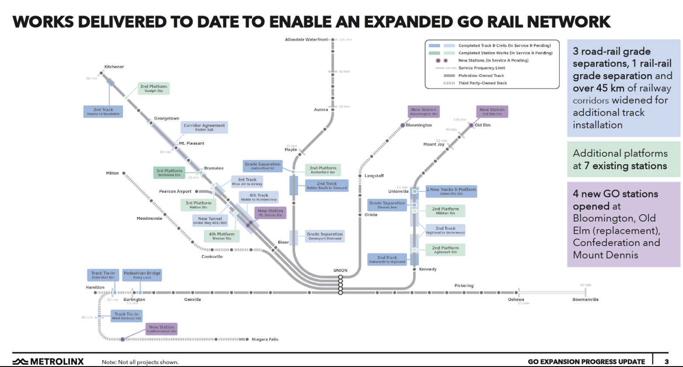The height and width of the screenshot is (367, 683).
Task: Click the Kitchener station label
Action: pyautogui.click(x=114, y=67)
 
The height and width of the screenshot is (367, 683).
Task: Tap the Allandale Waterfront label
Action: pyautogui.click(x=306, y=40)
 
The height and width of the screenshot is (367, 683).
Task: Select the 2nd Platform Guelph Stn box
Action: pyautogui.click(x=153, y=89)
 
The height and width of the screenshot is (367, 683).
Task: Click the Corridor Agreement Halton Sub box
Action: pyautogui.click(x=204, y=128)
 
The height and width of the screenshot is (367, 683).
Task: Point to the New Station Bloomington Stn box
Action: pyautogui.click(x=423, y=111)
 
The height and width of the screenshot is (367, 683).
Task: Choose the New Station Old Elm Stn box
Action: pyautogui.click(x=492, y=111)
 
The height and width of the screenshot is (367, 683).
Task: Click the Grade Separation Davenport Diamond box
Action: pyautogui.click(x=324, y=236)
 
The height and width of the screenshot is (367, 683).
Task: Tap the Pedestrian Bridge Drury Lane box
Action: pyautogui.click(x=142, y=275)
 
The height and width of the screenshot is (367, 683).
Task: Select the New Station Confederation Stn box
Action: pyautogui.click(x=161, y=329)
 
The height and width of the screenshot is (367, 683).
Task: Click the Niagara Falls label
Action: pyautogui.click(x=265, y=339)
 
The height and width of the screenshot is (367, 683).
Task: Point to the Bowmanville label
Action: pyautogui.click(x=585, y=300)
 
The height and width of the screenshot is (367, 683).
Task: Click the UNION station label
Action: pyautogui.click(x=340, y=270)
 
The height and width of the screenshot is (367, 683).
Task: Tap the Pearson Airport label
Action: pyautogui.click(x=175, y=191)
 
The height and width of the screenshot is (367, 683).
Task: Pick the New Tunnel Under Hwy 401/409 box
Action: pyautogui.click(x=210, y=221)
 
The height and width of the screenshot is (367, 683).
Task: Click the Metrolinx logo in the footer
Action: pyautogui.click(x=48, y=361)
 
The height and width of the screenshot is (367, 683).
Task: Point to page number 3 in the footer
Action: pyautogui.click(x=667, y=361)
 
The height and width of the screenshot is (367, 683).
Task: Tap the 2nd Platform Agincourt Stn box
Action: pyautogui.click(x=445, y=250)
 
